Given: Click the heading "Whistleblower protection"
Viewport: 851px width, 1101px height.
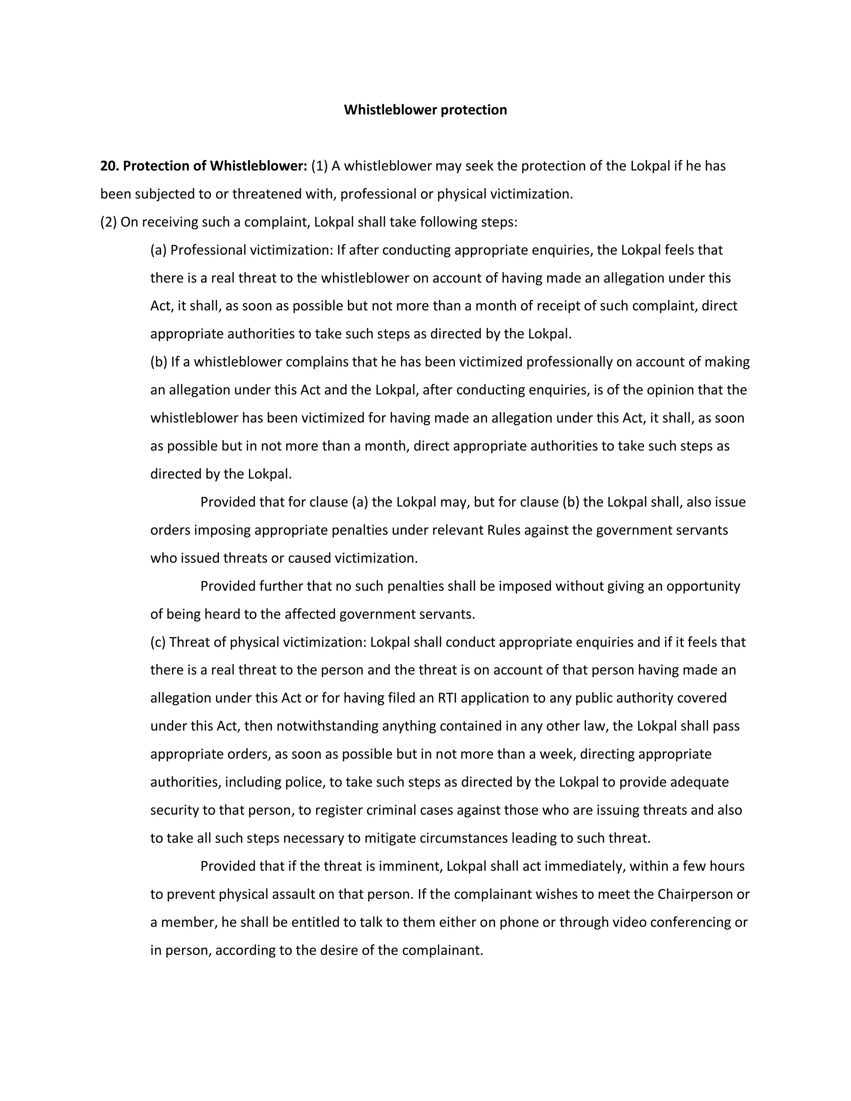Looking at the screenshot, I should tap(425, 110).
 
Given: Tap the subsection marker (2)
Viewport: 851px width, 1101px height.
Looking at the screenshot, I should tap(108, 222).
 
